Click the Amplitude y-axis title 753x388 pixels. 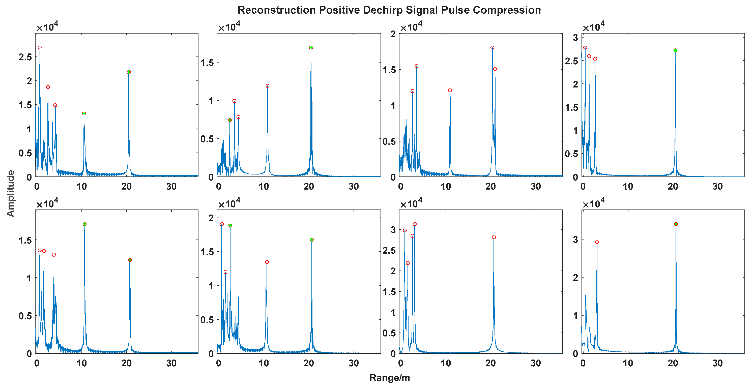coord(11,193)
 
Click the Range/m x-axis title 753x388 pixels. coord(389,378)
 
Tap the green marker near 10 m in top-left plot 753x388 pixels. coord(84,113)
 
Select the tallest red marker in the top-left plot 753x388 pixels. coord(40,48)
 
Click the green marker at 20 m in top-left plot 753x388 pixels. coord(129,72)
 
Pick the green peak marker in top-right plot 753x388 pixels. coord(675,50)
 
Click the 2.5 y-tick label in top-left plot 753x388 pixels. coord(25,57)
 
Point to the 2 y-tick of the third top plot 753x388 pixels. coord(393,34)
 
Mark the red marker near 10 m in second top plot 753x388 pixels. coord(268,86)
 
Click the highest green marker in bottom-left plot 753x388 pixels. coord(84,224)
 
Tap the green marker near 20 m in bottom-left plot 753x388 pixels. coord(130,260)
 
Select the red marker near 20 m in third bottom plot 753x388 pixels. coord(494,237)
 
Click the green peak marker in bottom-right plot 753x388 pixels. coord(676,224)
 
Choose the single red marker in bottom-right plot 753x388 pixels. coord(597,242)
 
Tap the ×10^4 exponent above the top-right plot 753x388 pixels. coord(593,27)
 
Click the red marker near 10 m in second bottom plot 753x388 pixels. coord(267,262)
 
